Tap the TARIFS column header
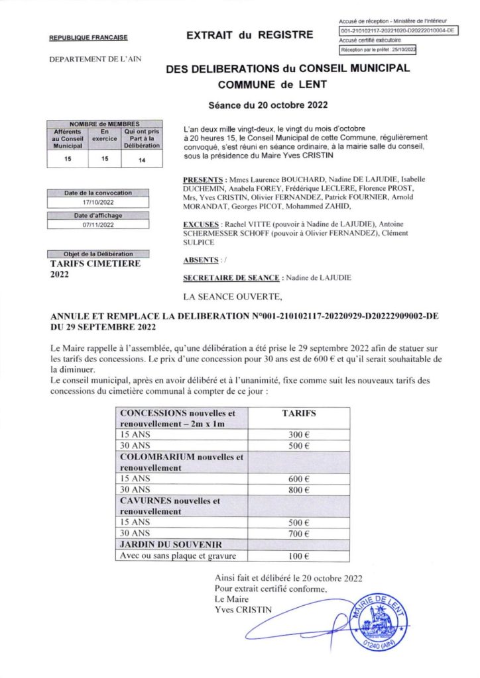[x=299, y=412]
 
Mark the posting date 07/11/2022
[x=98, y=225]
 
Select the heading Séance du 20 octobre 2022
[x=269, y=105]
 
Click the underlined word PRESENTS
[x=202, y=179]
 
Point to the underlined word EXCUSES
[x=200, y=224]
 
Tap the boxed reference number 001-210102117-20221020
[x=396, y=31]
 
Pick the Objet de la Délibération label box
[x=98, y=254]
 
